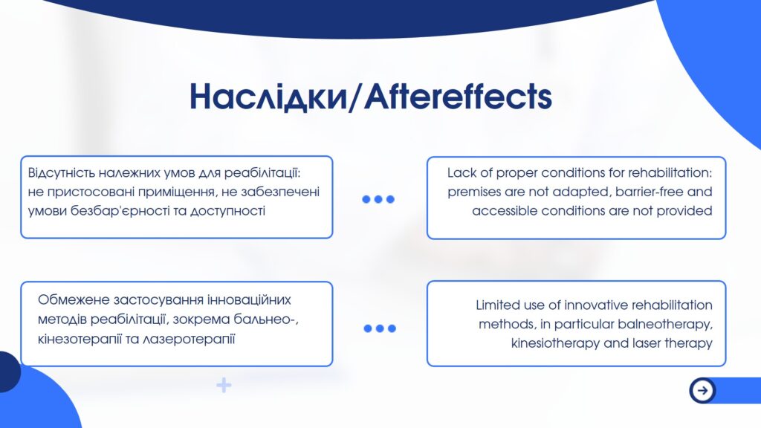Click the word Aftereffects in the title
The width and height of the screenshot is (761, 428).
[x=458, y=96]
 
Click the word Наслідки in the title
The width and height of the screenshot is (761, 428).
[x=268, y=96]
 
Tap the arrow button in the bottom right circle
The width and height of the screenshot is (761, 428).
[x=702, y=389]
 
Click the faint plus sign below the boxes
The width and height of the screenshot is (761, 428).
[x=224, y=386]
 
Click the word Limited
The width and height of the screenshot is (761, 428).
[x=497, y=305]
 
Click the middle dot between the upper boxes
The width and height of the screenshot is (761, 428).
[x=378, y=199]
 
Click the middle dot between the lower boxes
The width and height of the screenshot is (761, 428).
[x=380, y=328]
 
